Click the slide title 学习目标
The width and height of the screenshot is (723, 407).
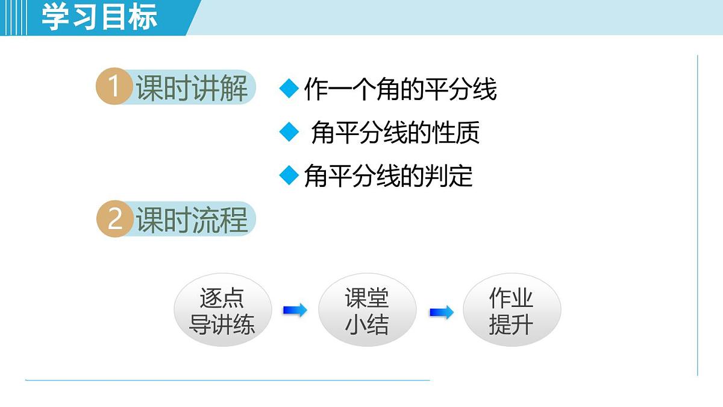(99, 17)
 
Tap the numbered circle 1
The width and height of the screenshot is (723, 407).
(114, 87)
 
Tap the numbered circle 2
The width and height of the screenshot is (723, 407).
(114, 219)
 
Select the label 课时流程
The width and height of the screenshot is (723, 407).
(192, 220)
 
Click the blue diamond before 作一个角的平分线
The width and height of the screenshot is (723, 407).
(289, 89)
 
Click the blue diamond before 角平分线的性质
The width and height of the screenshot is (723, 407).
(289, 132)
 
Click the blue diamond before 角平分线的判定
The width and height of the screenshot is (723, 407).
(289, 175)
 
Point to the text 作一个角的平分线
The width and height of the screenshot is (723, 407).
(400, 90)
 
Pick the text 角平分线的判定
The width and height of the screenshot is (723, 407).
(389, 176)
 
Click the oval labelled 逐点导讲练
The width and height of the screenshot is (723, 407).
(222, 311)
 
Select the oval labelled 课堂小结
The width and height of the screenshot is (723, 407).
(367, 311)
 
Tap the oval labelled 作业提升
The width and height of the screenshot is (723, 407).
(512, 311)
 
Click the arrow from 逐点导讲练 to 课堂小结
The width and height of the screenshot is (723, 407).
(295, 311)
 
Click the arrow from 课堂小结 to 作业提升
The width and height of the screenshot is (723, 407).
(441, 312)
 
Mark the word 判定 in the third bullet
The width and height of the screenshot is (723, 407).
(449, 176)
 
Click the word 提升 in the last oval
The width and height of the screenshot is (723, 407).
(511, 325)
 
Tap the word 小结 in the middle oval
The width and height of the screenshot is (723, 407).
(366, 325)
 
